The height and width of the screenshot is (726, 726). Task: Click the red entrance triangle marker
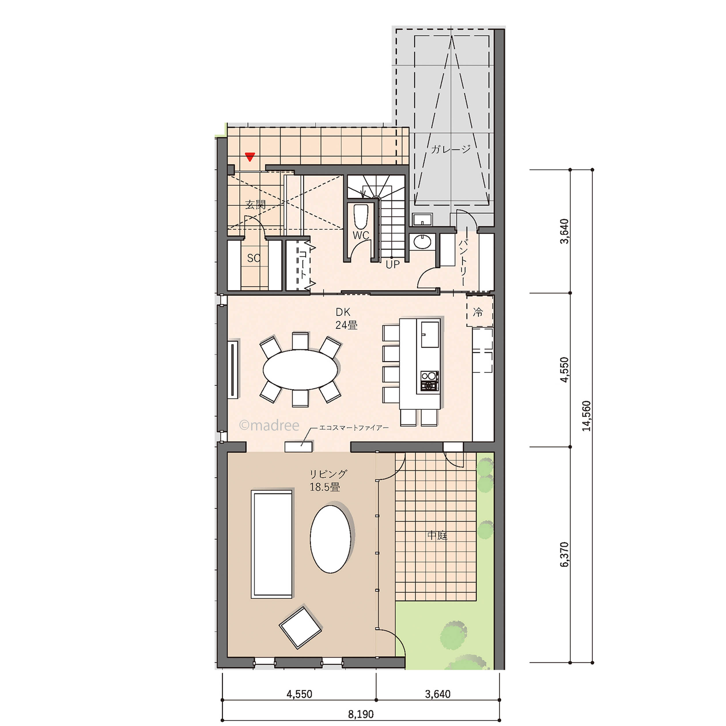250,157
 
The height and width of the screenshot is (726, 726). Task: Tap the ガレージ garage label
451,149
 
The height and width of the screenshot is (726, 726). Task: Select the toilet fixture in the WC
361,216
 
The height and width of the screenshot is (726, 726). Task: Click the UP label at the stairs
393,264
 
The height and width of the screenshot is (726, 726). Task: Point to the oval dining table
300,370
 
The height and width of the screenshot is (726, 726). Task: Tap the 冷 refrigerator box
479,311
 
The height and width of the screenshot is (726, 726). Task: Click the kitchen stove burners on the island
430,381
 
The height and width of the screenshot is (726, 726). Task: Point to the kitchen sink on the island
430,334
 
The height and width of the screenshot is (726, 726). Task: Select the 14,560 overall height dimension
586,416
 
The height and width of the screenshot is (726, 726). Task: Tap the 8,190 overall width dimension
361,714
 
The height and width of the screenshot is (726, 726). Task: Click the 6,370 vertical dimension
564,554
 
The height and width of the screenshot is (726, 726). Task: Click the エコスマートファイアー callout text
353,428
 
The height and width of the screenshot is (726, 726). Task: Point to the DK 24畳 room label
346,318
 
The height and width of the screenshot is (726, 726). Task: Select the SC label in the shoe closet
254,258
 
